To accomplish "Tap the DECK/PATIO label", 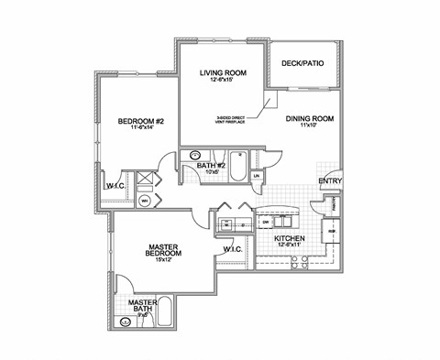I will (x=304, y=62).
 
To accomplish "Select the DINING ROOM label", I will (x=308, y=118).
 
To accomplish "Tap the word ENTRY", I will (x=329, y=181).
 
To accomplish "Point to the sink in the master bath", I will (x=126, y=322).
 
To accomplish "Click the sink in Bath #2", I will (x=193, y=157).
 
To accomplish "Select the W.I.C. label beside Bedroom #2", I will (x=115, y=186).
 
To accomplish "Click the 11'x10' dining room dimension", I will (x=308, y=126).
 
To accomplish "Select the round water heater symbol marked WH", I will (x=145, y=200).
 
